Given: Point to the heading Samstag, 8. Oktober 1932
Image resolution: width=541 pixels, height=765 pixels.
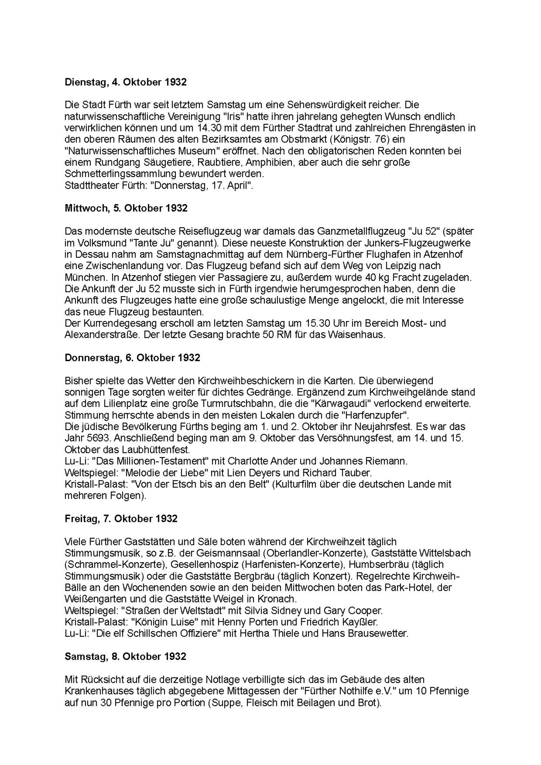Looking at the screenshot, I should [x=125, y=656].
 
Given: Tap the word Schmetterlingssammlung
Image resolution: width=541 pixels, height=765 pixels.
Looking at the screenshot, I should [x=121, y=174].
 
